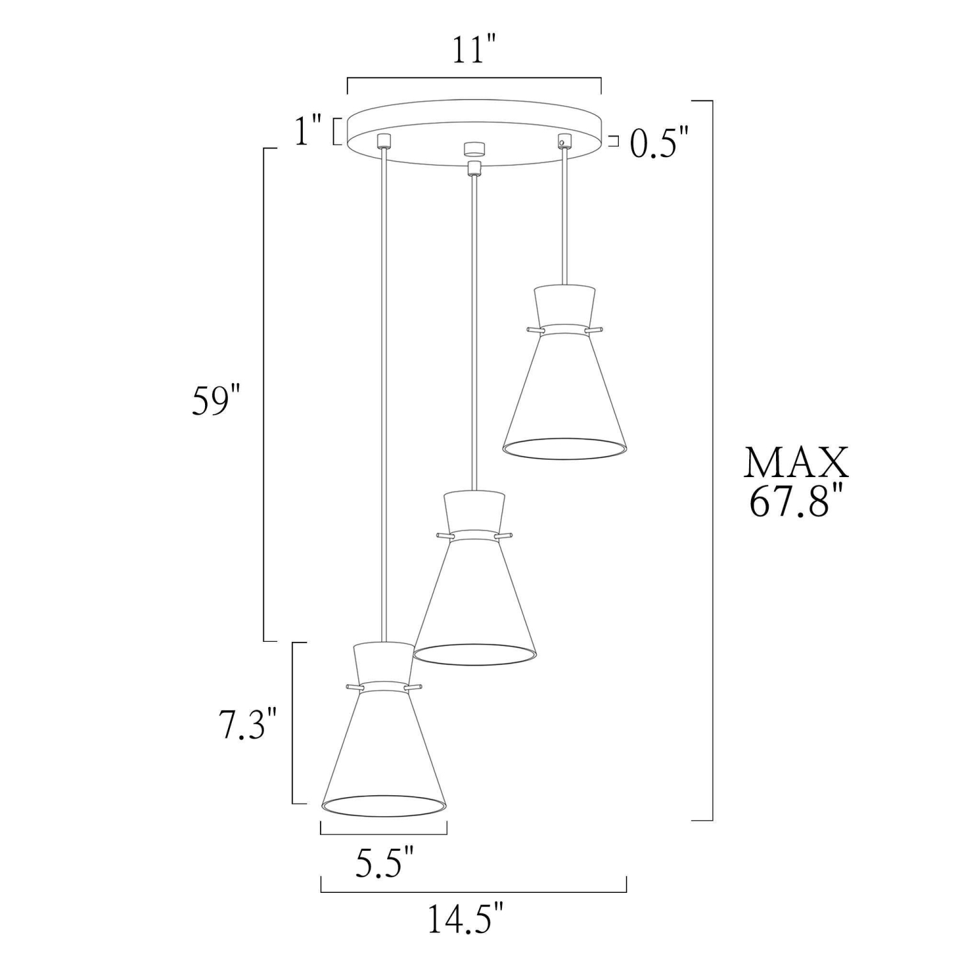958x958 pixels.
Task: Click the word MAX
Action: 796,464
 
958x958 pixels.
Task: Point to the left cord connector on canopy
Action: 383,141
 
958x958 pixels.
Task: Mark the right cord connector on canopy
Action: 563,139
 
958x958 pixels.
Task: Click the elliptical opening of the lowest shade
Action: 383,806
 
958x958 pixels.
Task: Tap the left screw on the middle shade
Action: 442,535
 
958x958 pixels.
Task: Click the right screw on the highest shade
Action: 597,330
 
